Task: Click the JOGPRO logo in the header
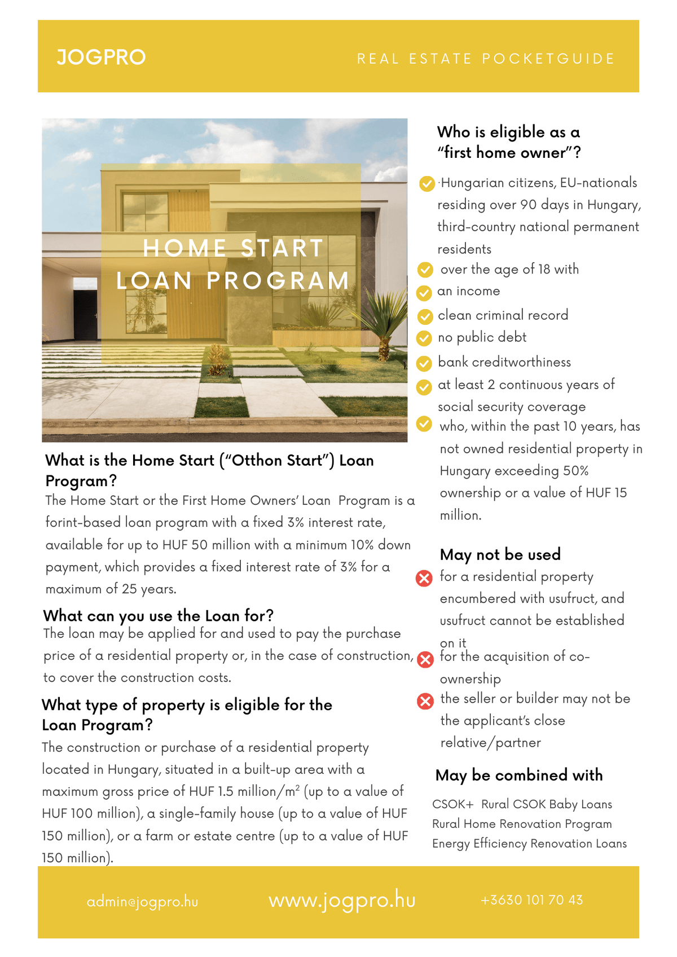(101, 57)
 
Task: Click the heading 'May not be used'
(500, 554)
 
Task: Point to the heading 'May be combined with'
(518, 775)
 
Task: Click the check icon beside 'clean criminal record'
(424, 316)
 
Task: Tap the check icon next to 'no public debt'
(424, 338)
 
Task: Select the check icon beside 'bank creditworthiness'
(424, 363)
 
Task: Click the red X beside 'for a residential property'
(424, 578)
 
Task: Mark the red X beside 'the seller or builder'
(425, 700)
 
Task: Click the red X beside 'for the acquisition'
(425, 659)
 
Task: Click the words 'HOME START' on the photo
(233, 248)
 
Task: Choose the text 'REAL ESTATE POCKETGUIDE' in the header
(486, 59)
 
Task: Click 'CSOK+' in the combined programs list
(452, 804)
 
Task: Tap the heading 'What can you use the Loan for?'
(159, 615)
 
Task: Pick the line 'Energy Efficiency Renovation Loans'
(529, 843)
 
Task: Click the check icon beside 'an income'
(424, 293)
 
